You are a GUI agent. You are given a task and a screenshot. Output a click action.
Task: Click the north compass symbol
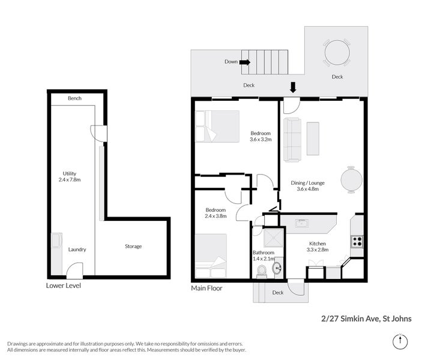tap(401, 341)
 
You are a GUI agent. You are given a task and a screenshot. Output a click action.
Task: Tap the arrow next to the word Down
tap(245, 62)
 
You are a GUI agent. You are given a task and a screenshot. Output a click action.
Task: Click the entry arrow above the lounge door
tap(293, 87)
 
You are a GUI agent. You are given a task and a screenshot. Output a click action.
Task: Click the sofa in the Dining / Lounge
tap(292, 139)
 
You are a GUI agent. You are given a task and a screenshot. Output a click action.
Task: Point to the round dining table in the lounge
tap(351, 179)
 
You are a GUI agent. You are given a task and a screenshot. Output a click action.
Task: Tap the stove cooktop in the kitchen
tap(356, 242)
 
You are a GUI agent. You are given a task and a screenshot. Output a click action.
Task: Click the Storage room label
tap(133, 247)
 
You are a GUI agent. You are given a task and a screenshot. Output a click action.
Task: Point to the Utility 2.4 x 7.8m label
tap(70, 176)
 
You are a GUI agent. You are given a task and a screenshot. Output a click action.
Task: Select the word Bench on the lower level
tap(74, 98)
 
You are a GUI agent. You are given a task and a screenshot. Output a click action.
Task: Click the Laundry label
tap(77, 250)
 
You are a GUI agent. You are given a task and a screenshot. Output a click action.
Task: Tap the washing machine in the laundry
tap(56, 241)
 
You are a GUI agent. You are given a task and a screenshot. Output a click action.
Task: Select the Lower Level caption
tap(63, 286)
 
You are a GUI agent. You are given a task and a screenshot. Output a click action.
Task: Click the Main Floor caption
tap(206, 288)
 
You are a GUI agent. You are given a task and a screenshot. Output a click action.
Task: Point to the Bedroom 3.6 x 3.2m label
tap(261, 136)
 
